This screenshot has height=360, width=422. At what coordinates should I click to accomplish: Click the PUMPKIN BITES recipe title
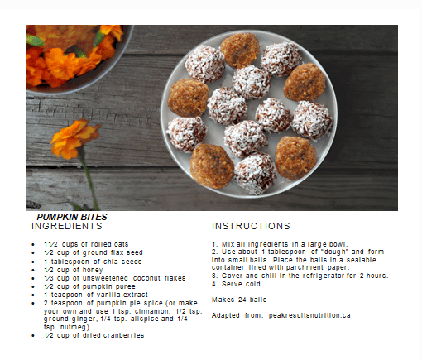coord(72,217)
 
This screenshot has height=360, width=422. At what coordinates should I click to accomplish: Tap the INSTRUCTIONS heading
coord(251,226)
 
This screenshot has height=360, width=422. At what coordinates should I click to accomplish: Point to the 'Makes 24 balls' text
coord(239,299)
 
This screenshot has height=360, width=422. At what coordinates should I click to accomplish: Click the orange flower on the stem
coord(74,138)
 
